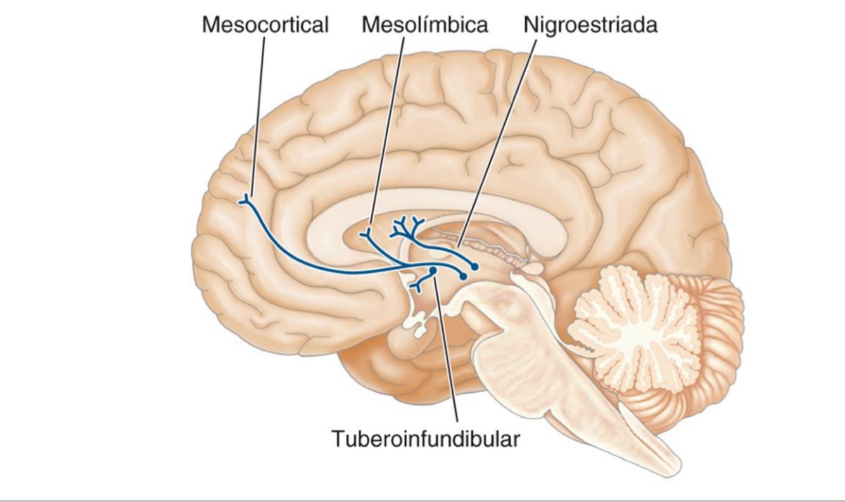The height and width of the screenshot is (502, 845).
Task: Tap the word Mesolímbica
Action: click(x=425, y=25)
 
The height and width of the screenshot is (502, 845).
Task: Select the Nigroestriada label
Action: click(x=589, y=25)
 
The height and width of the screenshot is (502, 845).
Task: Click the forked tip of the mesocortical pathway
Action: click(x=244, y=201)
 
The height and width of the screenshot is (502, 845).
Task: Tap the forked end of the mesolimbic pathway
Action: click(x=365, y=235)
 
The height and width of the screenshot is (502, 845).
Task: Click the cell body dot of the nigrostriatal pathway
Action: click(x=474, y=267)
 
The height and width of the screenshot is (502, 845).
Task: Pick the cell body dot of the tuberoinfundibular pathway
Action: click(x=433, y=271)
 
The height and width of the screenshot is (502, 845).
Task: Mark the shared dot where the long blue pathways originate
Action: click(x=463, y=276)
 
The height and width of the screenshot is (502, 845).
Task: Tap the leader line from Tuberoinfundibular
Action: click(x=446, y=355)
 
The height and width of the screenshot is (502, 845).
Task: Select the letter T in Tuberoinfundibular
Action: click(x=337, y=439)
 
